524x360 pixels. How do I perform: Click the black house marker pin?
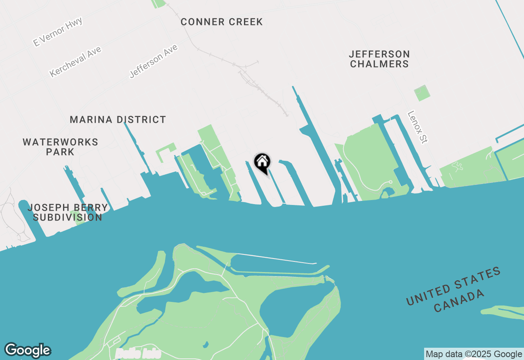click(262, 162)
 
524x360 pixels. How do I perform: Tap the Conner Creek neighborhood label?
click(221, 22)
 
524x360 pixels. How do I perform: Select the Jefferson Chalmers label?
click(379, 59)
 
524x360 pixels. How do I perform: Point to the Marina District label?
click(118, 120)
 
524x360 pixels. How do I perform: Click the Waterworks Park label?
click(60, 147)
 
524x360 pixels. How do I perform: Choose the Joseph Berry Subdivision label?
click(68, 212)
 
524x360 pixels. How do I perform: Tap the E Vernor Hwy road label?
click(58, 32)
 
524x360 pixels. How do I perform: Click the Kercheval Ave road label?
click(75, 62)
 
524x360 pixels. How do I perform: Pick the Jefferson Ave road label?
click(154, 61)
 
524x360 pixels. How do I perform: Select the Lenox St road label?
click(418, 127)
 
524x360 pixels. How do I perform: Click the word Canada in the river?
click(459, 301)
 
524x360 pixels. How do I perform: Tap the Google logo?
click(27, 350)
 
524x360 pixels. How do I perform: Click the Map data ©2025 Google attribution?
click(474, 354)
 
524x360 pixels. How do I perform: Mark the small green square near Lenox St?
click(422, 93)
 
